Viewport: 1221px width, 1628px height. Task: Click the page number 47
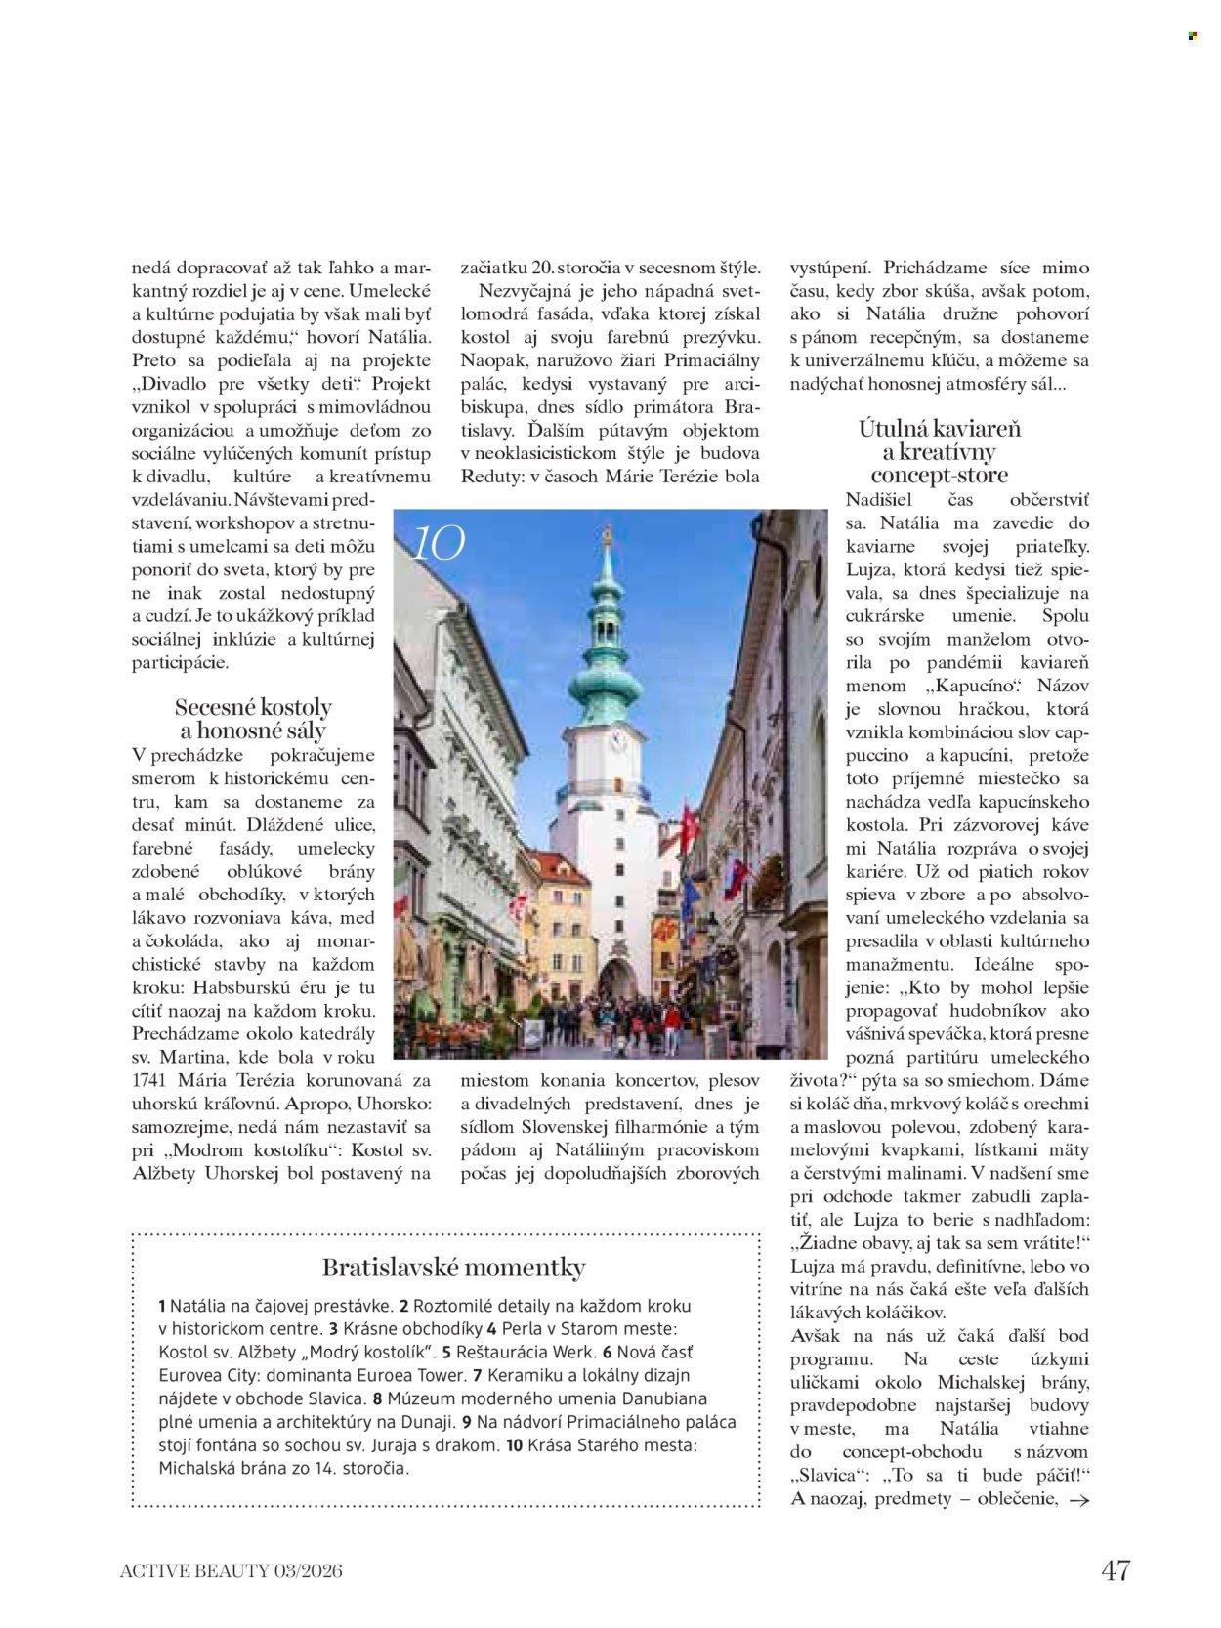tap(1116, 1570)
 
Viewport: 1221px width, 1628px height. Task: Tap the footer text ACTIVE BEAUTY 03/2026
tap(232, 1571)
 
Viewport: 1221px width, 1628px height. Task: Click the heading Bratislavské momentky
tap(453, 1268)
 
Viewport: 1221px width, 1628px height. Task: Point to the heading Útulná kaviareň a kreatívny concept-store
tap(939, 451)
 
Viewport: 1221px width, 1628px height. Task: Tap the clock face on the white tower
tap(616, 739)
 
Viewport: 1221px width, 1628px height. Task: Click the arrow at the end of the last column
tap(1079, 1501)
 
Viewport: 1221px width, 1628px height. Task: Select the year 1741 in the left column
tap(152, 1080)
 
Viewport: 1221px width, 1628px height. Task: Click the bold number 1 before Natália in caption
tap(161, 1305)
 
